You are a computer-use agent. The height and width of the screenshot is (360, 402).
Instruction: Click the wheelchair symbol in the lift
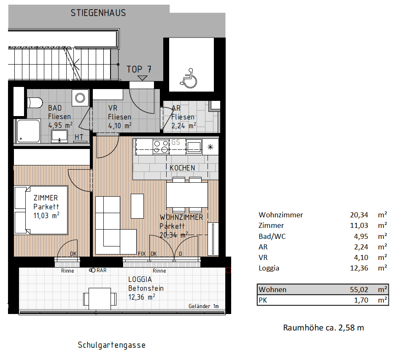pyautogui.click(x=189, y=78)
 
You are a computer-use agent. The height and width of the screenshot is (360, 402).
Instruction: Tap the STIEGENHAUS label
pyautogui.click(x=98, y=13)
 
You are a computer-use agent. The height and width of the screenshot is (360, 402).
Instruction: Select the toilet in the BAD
pyautogui.click(x=35, y=103)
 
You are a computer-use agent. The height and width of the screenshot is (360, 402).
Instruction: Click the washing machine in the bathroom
pyautogui.click(x=80, y=97)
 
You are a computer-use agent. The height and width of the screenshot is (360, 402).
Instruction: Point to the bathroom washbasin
pyautogui.click(x=59, y=136)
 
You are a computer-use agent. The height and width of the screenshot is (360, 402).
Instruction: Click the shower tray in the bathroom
pyautogui.click(x=28, y=131)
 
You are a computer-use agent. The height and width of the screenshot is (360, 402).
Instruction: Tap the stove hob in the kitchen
pyautogui.click(x=161, y=147)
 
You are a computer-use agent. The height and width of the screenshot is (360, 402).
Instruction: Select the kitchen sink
pyautogui.click(x=194, y=147)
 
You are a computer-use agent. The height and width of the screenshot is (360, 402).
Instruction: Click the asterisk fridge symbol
pyautogui.click(x=210, y=147)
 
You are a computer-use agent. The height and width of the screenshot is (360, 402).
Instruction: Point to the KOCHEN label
pyautogui.click(x=182, y=168)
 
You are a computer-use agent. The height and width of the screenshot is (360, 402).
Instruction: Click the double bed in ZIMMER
pyautogui.click(x=41, y=211)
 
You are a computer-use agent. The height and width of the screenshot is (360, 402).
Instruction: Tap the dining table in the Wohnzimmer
pyautogui.click(x=187, y=195)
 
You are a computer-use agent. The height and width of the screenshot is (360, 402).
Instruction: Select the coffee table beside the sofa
pyautogui.click(x=137, y=206)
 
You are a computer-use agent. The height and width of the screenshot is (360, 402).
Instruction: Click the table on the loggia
pyautogui.click(x=100, y=299)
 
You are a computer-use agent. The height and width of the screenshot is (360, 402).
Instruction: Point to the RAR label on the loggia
pyautogui.click(x=102, y=271)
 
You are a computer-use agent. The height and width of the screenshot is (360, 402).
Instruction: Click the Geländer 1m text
pyautogui.click(x=204, y=306)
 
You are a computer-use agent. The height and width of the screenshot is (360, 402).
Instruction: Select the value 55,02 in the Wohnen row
pyautogui.click(x=359, y=290)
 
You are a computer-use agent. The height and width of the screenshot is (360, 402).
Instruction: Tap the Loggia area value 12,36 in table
pyautogui.click(x=359, y=268)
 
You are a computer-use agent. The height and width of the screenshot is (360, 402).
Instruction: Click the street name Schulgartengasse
pyautogui.click(x=111, y=345)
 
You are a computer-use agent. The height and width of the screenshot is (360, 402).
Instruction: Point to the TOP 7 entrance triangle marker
pyautogui.click(x=142, y=78)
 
